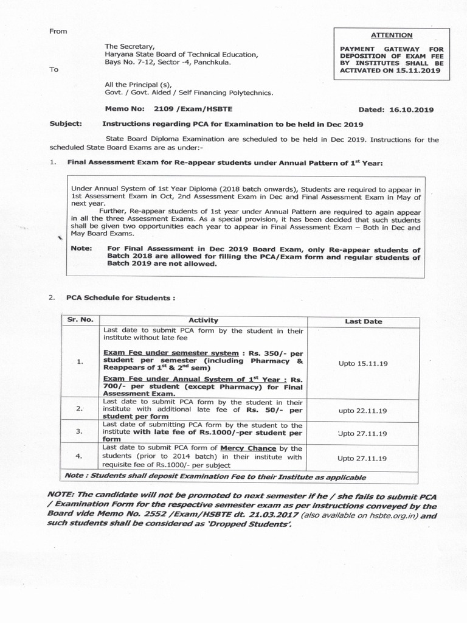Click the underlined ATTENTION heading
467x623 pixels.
395,35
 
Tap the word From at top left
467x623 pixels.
59,30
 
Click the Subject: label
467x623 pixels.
66,124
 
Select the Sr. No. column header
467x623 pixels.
80,319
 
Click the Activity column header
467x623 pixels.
204,320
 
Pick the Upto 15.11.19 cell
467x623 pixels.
363,363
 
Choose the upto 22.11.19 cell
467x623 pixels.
363,411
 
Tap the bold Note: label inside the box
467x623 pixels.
81,248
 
